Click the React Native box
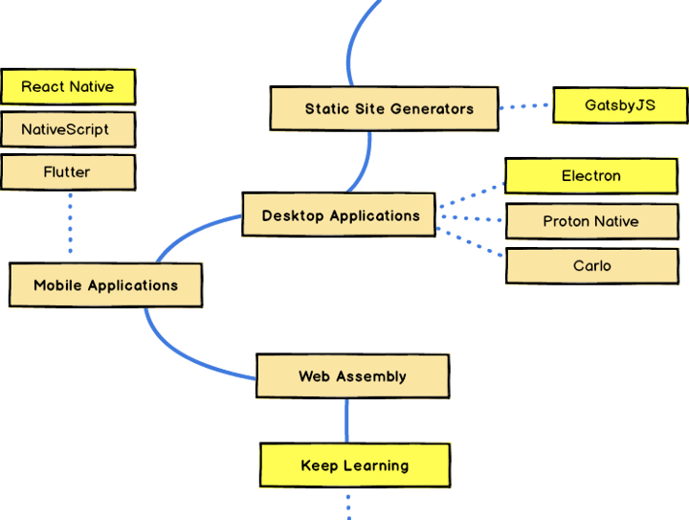(x=68, y=87)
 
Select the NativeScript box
(x=68, y=129)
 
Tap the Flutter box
(x=68, y=172)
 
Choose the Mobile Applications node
(x=105, y=285)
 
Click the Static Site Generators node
(x=384, y=108)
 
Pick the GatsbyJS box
(x=619, y=104)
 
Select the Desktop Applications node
(x=340, y=215)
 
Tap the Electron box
(x=590, y=176)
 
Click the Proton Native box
(x=590, y=221)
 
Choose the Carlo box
(x=590, y=265)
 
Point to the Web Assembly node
(x=352, y=376)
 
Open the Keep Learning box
(x=354, y=465)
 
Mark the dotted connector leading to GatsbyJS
(x=525, y=106)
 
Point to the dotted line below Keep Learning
(x=347, y=505)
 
